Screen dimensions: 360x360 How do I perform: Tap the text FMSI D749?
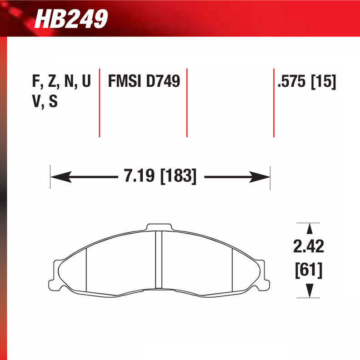coord(144,82)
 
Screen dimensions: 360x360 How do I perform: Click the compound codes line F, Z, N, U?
coord(61,82)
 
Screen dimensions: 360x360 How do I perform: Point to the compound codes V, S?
coord(44,102)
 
